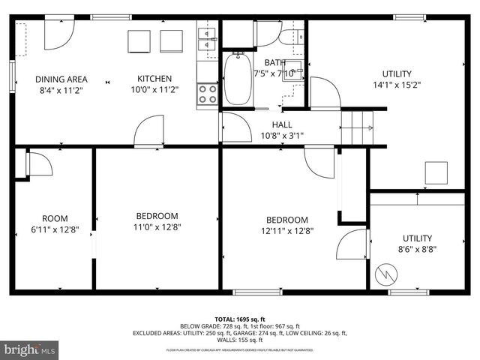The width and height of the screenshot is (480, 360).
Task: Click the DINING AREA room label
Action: (61, 79)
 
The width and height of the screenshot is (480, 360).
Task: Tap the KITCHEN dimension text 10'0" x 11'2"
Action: (154, 90)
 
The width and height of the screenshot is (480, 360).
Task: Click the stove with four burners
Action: (208, 94)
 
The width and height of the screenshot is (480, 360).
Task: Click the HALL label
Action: (282, 124)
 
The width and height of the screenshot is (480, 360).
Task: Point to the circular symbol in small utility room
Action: (387, 274)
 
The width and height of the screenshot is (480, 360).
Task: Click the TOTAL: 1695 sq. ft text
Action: (240, 318)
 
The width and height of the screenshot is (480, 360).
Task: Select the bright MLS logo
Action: (30, 349)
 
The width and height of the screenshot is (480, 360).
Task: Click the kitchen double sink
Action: (206, 37)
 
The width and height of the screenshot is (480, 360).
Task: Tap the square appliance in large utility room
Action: (436, 173)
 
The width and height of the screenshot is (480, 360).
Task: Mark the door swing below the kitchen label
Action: (149, 132)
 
